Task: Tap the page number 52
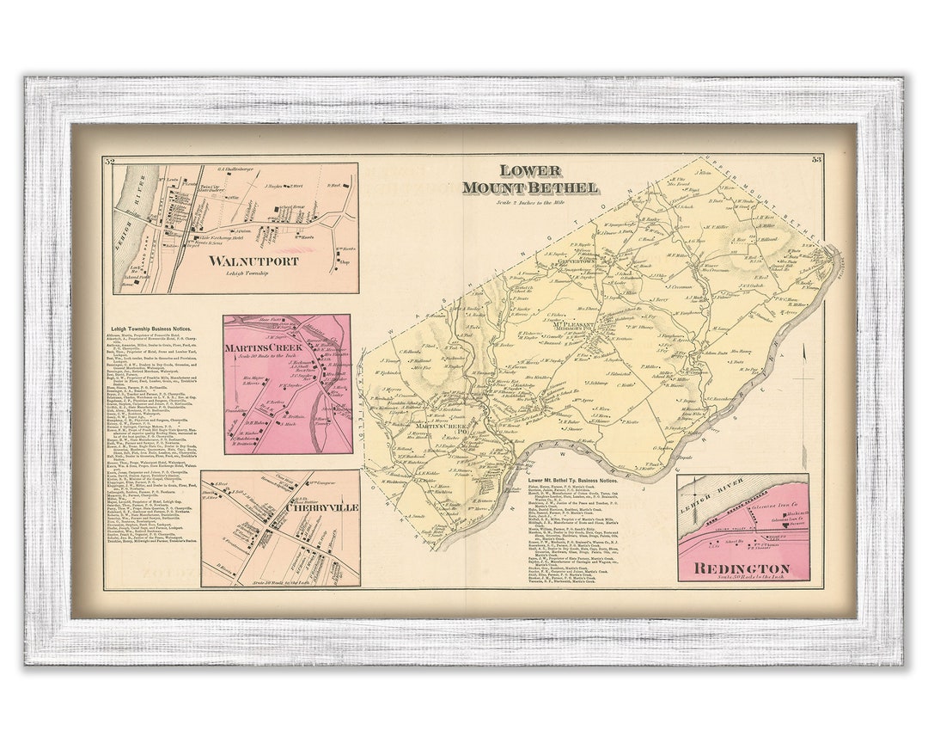point(109,161)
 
